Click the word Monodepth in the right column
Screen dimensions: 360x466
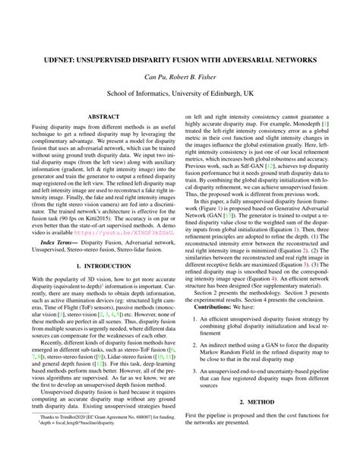[289, 122]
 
